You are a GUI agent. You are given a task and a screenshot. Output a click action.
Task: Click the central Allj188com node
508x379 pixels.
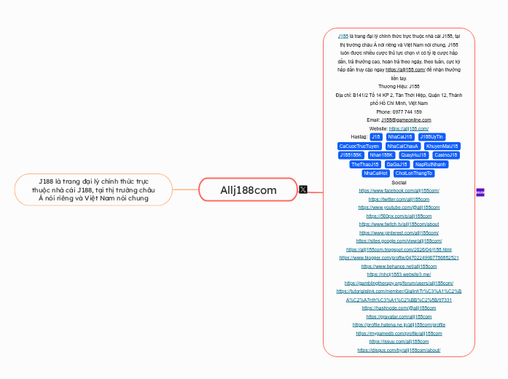[x=249, y=190]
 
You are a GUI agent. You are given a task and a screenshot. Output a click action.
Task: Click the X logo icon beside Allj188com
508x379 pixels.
[x=303, y=189]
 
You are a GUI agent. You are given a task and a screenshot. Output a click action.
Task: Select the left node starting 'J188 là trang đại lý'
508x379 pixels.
[x=93, y=189]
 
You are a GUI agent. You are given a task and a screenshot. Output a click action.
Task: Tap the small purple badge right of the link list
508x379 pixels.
[x=480, y=192]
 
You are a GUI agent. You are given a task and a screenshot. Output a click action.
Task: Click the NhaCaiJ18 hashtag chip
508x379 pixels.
[x=400, y=136]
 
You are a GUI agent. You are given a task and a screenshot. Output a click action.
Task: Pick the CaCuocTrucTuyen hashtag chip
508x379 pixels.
[x=359, y=146]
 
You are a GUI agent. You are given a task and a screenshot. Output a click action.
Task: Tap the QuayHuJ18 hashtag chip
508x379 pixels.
[x=413, y=155]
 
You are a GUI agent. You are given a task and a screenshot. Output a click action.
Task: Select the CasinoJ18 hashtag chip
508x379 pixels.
[x=446, y=155]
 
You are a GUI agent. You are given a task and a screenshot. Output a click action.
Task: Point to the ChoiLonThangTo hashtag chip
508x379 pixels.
[x=414, y=173]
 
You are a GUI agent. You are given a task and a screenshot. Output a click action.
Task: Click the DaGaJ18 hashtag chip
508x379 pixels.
[x=396, y=164]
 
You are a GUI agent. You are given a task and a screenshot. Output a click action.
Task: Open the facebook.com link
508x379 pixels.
[x=399, y=190]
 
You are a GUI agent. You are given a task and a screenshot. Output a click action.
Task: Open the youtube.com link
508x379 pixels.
[x=399, y=208]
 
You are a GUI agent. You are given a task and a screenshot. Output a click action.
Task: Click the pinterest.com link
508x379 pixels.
[x=399, y=233]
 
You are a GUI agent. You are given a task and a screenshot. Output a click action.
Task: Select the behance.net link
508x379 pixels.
[x=399, y=266]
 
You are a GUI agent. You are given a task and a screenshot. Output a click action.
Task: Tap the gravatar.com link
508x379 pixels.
[x=399, y=316]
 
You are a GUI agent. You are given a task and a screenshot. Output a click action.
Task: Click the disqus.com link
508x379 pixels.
[x=399, y=350]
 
